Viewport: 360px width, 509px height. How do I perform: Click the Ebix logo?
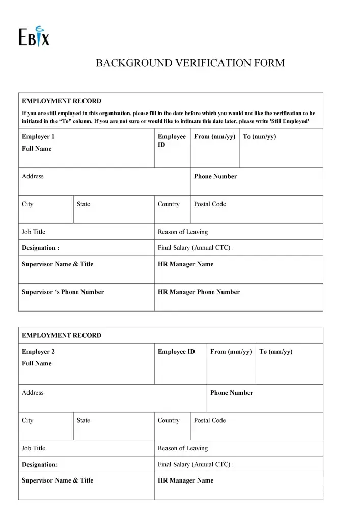click(34, 36)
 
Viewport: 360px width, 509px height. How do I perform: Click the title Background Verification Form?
click(190, 63)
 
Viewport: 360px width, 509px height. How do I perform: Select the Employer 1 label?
click(38, 137)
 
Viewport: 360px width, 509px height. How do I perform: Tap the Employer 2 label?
click(38, 352)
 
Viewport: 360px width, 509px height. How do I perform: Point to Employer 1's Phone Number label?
click(215, 176)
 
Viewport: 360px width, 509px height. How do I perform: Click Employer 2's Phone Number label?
click(231, 393)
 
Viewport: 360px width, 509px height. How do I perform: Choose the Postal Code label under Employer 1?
click(209, 204)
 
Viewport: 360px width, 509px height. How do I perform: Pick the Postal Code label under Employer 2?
click(209, 420)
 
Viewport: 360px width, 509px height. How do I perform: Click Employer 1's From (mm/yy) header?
click(214, 137)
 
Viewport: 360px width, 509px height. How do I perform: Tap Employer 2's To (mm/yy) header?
click(276, 352)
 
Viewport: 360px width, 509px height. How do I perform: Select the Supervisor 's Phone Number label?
click(63, 292)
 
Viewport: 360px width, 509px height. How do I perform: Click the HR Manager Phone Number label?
click(199, 292)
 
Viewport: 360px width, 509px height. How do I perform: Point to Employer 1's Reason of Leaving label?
click(183, 232)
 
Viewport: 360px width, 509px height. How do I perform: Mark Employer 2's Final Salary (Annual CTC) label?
click(196, 464)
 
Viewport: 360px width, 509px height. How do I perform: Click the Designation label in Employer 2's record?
click(40, 464)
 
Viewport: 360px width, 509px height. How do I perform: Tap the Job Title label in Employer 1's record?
click(34, 232)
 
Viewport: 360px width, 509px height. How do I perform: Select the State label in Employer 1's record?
click(83, 204)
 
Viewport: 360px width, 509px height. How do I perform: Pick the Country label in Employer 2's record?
click(169, 420)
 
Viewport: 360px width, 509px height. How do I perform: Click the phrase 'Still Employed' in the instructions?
click(289, 122)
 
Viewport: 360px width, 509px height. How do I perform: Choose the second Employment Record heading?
click(62, 335)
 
